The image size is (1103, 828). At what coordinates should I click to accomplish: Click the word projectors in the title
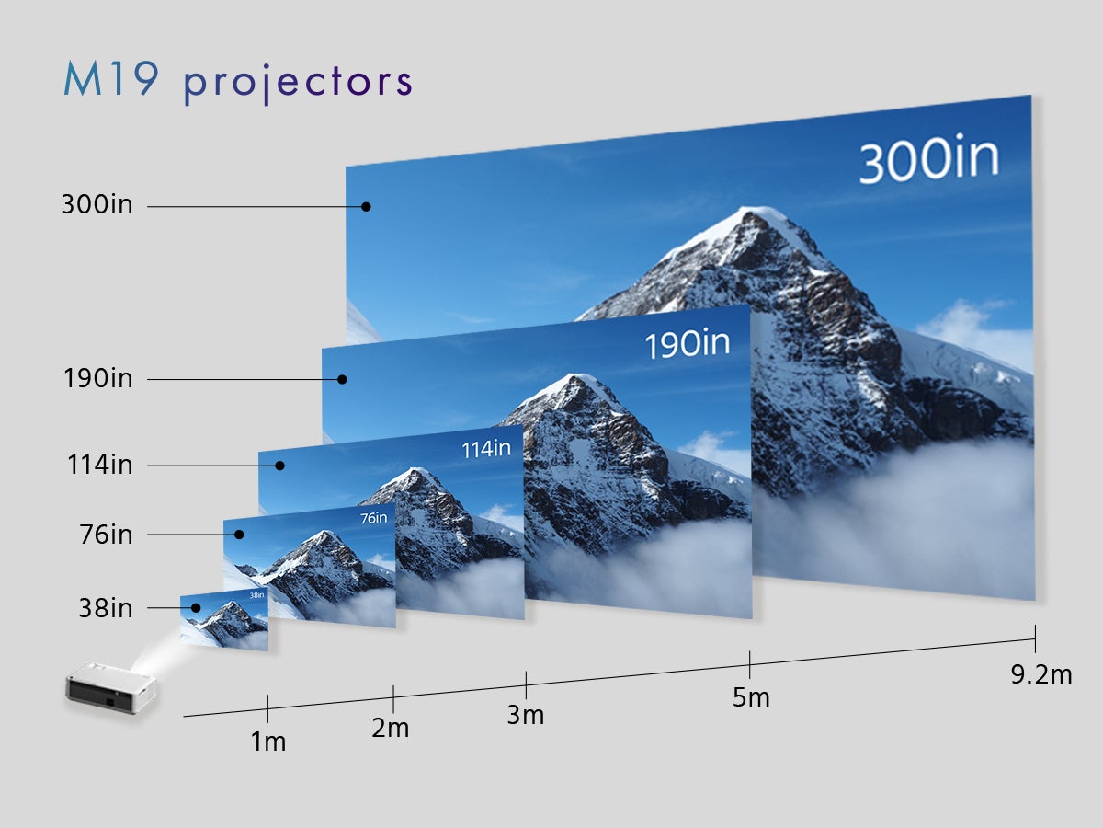click(298, 84)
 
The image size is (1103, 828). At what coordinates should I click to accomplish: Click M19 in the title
click(111, 78)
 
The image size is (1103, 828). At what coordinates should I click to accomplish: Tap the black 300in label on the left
click(97, 205)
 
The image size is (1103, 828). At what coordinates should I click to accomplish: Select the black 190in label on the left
click(98, 378)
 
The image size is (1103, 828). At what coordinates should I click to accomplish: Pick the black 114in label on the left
click(100, 465)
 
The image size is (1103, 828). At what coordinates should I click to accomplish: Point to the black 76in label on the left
click(106, 535)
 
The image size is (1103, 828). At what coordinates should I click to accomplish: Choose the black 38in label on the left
click(106, 608)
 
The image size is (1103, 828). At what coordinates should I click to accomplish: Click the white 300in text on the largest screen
click(929, 158)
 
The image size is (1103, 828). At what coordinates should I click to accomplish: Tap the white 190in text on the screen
click(688, 344)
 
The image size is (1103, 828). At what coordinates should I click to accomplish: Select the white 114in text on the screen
click(486, 449)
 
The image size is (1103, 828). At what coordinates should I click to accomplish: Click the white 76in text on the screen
click(374, 518)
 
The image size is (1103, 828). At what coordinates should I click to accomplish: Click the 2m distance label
click(391, 728)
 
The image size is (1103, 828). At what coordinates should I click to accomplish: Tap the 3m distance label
click(526, 715)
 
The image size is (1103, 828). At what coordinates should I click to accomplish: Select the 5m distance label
click(751, 697)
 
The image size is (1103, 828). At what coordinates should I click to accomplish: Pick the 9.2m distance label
click(1041, 674)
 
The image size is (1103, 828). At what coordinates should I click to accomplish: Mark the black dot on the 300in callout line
click(367, 207)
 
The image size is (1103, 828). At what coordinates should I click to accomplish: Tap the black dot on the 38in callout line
click(196, 608)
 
